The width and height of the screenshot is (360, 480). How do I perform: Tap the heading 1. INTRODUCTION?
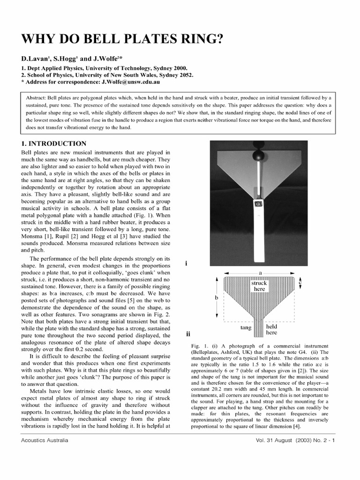coord(54,144)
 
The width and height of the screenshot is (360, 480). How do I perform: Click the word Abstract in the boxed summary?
coord(36,98)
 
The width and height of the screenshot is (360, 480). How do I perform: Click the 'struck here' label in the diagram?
coord(259,286)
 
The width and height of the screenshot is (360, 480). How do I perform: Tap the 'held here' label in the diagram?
coord(272,329)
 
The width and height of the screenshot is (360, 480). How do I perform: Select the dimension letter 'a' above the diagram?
coord(259,272)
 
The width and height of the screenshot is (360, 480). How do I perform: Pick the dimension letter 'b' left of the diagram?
coord(216,298)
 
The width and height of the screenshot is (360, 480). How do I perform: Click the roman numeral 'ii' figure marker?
coord(187,334)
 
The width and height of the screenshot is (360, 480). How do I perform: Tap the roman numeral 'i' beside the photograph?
coord(187,263)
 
